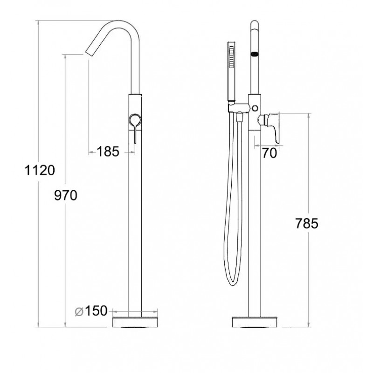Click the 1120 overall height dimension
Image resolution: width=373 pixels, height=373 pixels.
(x=40, y=170)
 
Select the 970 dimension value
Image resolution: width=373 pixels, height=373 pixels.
(x=66, y=195)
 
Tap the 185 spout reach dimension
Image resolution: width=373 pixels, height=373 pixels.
(x=108, y=152)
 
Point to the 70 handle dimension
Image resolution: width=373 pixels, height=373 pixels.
(x=269, y=153)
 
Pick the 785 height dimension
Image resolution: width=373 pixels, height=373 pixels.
(x=307, y=223)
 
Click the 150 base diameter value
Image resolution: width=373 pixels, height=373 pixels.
(x=96, y=311)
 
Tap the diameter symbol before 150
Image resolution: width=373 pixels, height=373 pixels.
(x=79, y=311)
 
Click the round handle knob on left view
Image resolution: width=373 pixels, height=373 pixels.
(x=135, y=120)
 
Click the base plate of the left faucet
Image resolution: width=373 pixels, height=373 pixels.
(x=135, y=322)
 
